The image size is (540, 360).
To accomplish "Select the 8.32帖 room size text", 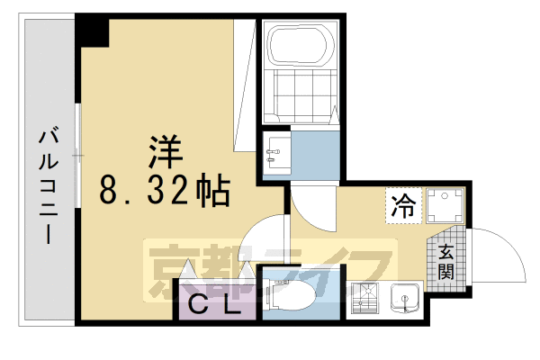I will (x=164, y=191).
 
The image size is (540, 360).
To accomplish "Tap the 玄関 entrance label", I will (x=447, y=261).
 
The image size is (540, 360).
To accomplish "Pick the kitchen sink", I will (x=406, y=298).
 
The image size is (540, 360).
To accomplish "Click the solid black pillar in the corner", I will (x=92, y=31).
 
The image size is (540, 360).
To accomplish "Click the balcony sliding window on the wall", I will (x=78, y=157).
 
